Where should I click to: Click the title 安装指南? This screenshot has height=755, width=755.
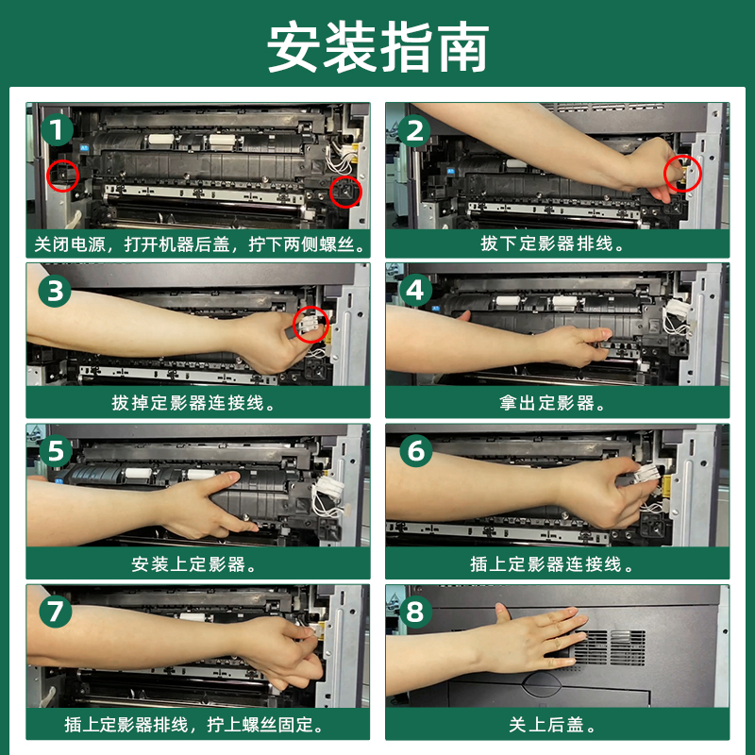pos(378,46)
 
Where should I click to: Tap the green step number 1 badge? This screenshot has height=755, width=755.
pos(57,130)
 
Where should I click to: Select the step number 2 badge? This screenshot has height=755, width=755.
pos(414,131)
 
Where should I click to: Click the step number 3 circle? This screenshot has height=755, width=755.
pos(55,291)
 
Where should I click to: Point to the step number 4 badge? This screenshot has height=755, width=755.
pos(415,291)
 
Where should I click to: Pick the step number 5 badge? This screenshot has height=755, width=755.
pos(56,451)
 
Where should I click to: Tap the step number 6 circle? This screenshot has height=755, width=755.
pos(416,451)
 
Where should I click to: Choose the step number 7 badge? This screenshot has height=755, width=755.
pos(56,612)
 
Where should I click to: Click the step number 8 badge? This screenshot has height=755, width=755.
pos(415,612)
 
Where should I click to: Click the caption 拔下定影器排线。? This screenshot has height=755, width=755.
pos(553,243)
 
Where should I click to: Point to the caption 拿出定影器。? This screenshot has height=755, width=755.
pos(553,403)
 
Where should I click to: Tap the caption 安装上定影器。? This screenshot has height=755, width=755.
pos(194,563)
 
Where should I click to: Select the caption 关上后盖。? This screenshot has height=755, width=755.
pos(553,724)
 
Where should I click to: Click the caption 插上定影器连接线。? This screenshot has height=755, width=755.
pos(553,563)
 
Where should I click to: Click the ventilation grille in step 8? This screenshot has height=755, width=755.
pos(610,647)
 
